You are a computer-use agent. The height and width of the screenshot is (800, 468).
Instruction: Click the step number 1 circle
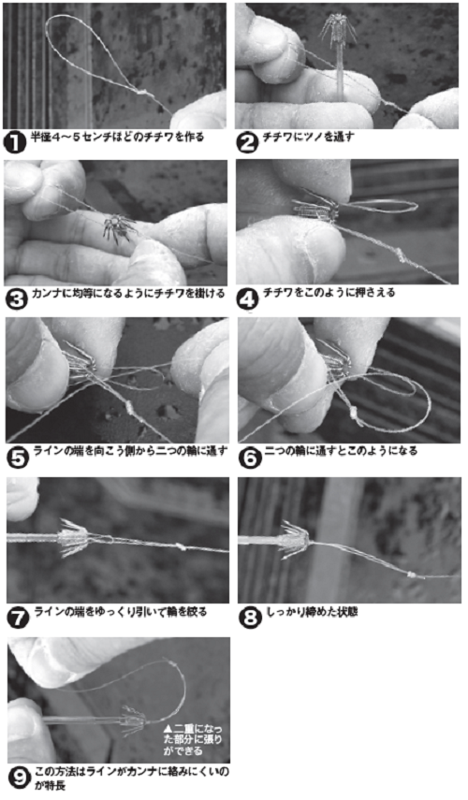(14, 141)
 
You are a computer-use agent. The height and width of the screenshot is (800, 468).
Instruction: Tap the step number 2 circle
(247, 141)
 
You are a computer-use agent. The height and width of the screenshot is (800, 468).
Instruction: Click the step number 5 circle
(17, 457)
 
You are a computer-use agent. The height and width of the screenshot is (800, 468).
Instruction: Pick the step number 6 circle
(250, 457)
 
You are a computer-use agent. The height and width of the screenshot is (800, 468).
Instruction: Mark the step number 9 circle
(20, 778)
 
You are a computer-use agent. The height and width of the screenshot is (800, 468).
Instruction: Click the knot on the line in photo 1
(141, 93)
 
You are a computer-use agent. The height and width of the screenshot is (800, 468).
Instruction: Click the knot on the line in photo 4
(401, 255)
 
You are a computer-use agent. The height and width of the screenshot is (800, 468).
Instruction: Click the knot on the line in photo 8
(411, 575)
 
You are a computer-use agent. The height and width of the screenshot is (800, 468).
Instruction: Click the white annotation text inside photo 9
(192, 739)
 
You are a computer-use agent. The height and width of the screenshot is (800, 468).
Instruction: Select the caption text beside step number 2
(308, 137)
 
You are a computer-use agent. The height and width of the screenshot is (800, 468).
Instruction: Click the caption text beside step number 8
(313, 612)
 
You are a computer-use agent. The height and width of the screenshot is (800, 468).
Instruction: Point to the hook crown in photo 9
(133, 720)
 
